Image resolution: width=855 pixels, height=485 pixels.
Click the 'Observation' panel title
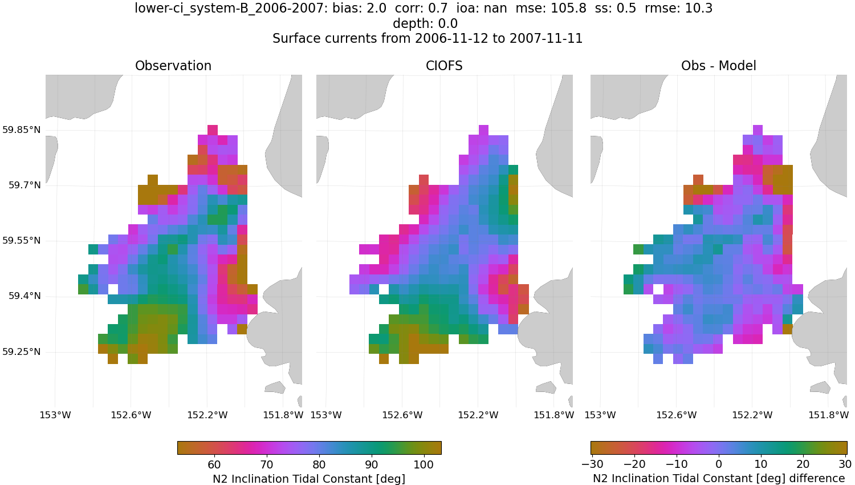point(173,66)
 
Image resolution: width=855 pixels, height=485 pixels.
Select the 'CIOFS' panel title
point(444,66)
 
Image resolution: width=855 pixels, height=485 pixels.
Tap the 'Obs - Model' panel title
point(718,66)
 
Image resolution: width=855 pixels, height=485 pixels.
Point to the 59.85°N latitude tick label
point(21,130)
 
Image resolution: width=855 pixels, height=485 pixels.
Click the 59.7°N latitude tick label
point(24,185)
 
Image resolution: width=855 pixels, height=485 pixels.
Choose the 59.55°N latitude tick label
point(21,241)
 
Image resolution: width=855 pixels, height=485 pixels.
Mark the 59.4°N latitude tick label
point(24,296)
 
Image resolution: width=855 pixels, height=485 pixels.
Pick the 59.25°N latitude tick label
point(21,351)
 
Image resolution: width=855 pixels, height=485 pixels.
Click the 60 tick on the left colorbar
point(214,464)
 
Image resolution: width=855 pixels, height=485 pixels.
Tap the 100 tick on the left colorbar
point(424,464)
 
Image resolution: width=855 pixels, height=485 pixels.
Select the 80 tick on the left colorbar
point(319,464)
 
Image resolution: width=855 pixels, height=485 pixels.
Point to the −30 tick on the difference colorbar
point(593,464)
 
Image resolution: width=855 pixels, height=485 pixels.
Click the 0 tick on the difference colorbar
point(719,464)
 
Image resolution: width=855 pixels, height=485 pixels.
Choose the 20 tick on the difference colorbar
point(803,464)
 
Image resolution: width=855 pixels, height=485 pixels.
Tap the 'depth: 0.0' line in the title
point(425,24)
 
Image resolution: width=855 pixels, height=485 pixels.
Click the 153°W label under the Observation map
point(55,415)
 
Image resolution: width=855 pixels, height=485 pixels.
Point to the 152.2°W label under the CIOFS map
point(478,415)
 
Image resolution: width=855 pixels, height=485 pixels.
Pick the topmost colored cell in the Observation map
point(213,130)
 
